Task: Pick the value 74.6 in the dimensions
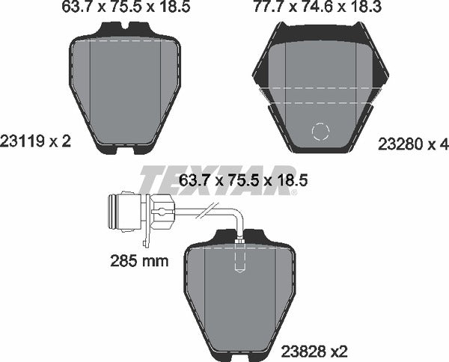pyautogui.click(x=313, y=10)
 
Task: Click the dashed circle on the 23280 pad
pyautogui.click(x=320, y=132)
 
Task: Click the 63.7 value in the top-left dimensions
pyautogui.click(x=72, y=10)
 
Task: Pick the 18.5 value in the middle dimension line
pyautogui.click(x=293, y=180)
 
